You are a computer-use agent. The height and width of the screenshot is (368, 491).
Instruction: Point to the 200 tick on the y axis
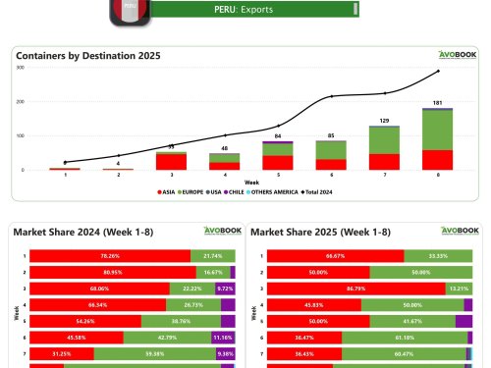(x=19, y=101)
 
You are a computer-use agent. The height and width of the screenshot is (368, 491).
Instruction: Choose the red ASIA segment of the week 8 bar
(x=438, y=159)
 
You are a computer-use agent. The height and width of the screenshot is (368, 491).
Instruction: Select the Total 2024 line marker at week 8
(x=438, y=71)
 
